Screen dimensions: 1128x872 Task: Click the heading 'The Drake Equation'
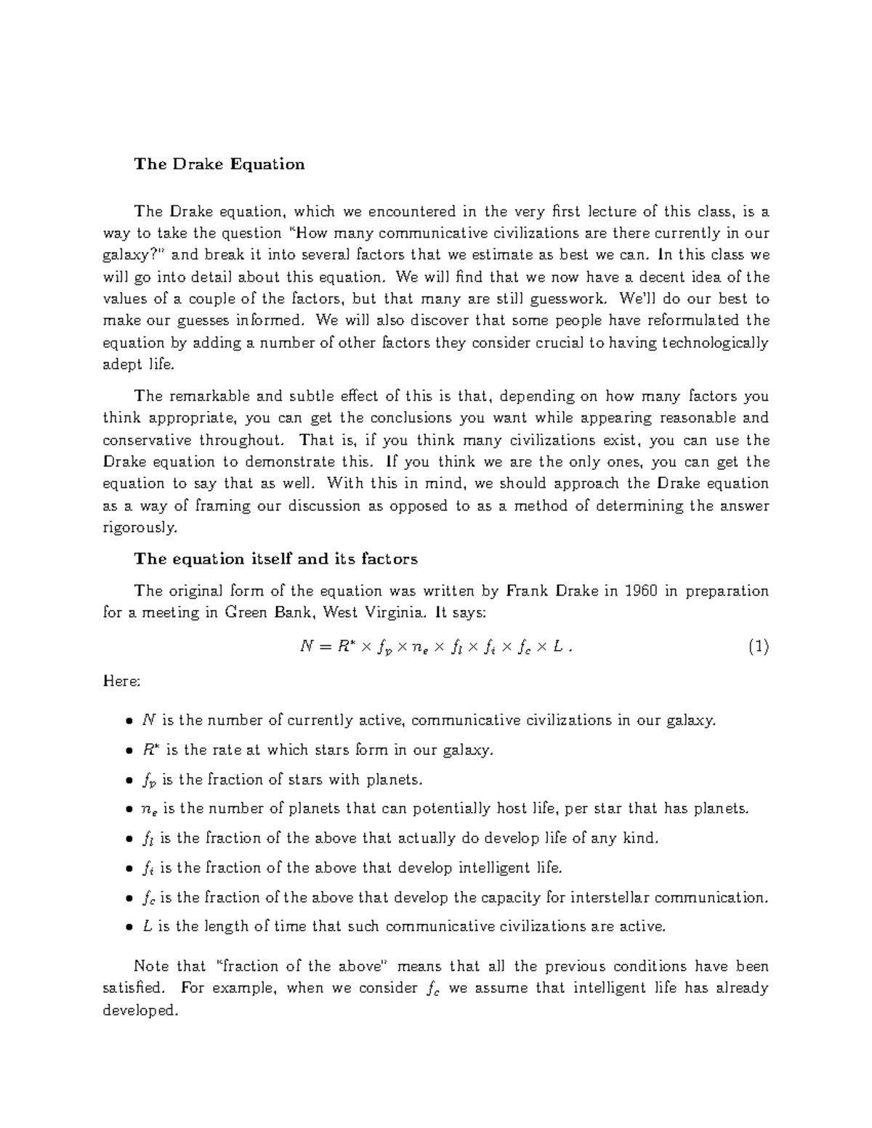pyautogui.click(x=219, y=164)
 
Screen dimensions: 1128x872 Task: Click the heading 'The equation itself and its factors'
pyautogui.click(x=275, y=559)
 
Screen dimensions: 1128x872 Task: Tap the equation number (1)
pyautogui.click(x=758, y=646)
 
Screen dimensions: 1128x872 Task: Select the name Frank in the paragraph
pyautogui.click(x=528, y=591)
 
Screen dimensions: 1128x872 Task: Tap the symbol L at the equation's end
pyautogui.click(x=557, y=647)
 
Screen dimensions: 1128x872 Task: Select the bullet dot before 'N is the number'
pyautogui.click(x=129, y=722)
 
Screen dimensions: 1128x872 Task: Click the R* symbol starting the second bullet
pyautogui.click(x=150, y=750)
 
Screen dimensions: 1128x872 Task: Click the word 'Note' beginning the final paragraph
pyautogui.click(x=150, y=967)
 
